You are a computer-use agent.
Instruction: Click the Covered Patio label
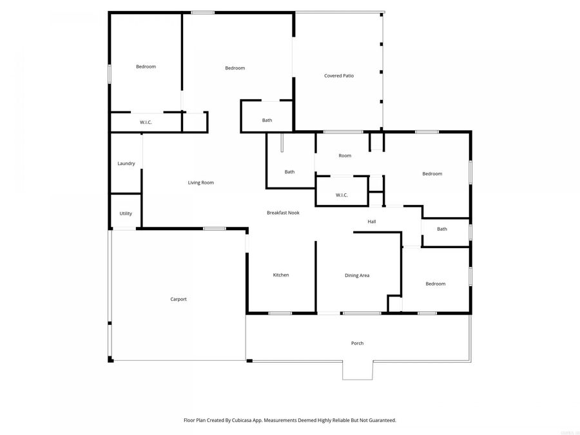[338, 76]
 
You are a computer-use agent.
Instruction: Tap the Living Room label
[200, 182]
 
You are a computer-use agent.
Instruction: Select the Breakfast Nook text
[283, 213]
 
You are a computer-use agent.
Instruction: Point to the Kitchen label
[281, 275]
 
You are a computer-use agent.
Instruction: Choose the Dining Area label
[357, 275]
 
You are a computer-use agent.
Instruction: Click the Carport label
[179, 299]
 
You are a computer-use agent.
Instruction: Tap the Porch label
[357, 343]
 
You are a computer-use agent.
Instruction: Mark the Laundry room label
[126, 164]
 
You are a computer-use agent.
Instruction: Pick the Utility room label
[126, 213]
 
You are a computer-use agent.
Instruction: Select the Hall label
[372, 222]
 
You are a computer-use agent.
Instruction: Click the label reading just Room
[345, 155]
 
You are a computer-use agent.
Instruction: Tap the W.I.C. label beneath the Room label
[342, 195]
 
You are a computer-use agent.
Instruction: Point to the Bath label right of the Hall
[442, 229]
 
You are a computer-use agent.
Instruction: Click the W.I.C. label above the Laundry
[146, 122]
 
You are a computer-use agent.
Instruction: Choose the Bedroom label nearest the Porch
[435, 284]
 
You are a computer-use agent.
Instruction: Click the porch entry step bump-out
[357, 370]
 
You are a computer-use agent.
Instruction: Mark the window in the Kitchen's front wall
[280, 313]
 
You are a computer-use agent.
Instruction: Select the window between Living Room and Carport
[214, 228]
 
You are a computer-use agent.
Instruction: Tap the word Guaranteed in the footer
[380, 420]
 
